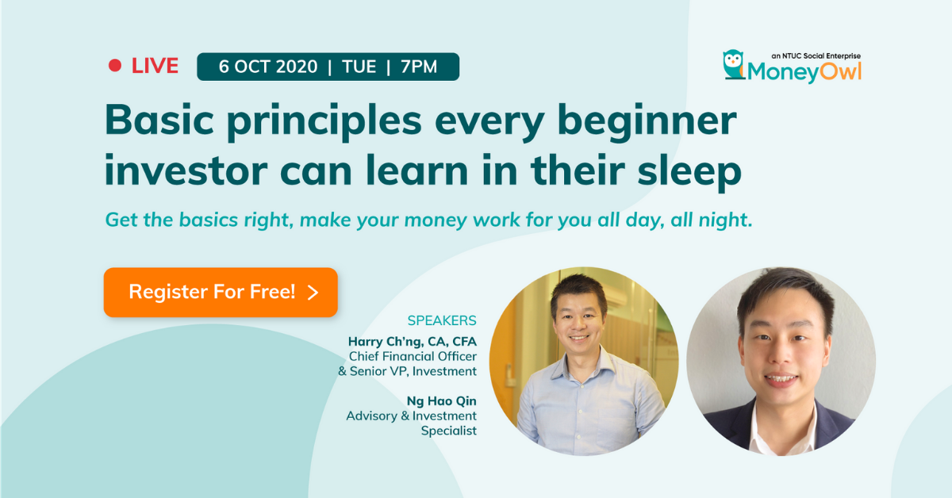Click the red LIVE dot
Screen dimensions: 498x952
[x=115, y=67]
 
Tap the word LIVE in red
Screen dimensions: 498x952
[x=155, y=67]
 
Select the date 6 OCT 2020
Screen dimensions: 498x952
[x=267, y=67]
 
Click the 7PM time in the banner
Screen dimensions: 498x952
[x=419, y=67]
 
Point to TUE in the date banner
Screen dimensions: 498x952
[x=359, y=67]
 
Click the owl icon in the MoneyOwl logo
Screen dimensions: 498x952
[x=733, y=64]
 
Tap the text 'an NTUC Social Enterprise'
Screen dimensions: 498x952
[x=816, y=56]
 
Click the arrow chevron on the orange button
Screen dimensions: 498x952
[x=313, y=293]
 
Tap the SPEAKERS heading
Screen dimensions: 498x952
[x=441, y=320]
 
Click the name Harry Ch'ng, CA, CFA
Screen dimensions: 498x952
[x=412, y=341]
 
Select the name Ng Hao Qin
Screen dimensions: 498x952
[x=441, y=401]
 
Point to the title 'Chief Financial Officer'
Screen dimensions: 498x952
[x=413, y=356]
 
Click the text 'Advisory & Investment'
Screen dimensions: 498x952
[x=411, y=416]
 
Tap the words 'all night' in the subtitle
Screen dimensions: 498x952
[x=711, y=220]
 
